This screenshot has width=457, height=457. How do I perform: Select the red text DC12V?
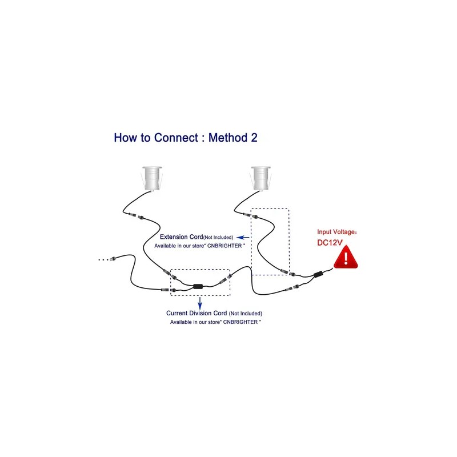point(330,242)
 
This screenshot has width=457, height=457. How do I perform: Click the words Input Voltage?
point(336,232)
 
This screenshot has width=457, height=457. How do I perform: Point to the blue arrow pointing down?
point(199,302)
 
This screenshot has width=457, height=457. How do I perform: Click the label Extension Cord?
point(181,236)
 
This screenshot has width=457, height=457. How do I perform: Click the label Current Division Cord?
point(197,313)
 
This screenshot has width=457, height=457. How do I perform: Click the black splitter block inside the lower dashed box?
point(199,287)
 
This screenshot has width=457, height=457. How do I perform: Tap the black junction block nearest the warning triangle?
point(316,275)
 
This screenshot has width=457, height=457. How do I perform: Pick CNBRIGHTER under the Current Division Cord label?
point(239,322)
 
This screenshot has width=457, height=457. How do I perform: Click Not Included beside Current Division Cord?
point(246,314)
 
